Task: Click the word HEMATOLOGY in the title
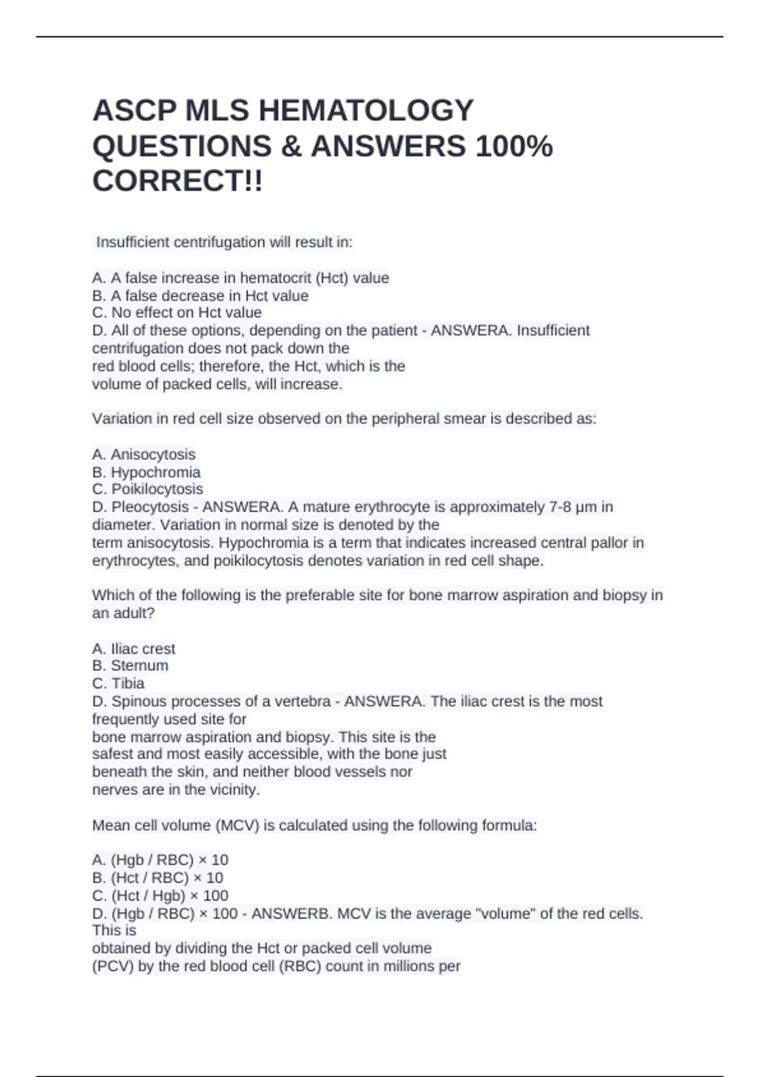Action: click(365, 111)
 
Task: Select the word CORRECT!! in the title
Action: click(177, 182)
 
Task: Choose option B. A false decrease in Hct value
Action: click(200, 296)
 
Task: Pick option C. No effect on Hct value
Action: click(177, 313)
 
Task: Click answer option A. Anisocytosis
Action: click(144, 455)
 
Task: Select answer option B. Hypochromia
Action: click(146, 473)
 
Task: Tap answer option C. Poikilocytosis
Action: click(148, 490)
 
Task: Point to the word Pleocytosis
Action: click(150, 507)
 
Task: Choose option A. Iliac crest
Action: click(134, 649)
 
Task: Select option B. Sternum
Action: click(130, 666)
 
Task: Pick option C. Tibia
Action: click(118, 684)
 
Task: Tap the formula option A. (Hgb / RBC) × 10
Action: click(160, 860)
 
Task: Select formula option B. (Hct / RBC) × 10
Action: click(158, 878)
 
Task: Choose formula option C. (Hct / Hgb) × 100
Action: click(160, 896)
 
